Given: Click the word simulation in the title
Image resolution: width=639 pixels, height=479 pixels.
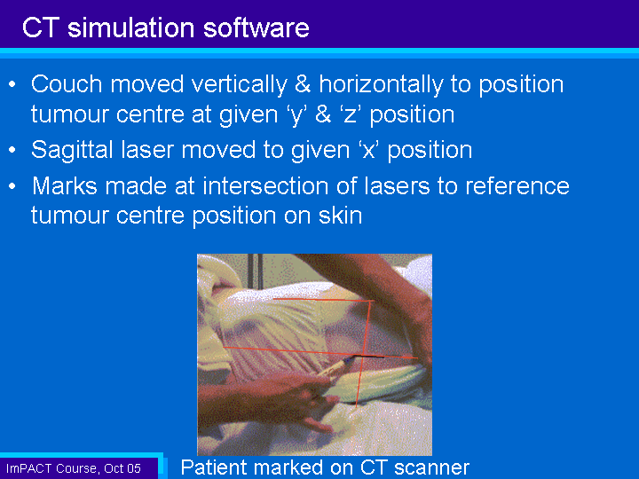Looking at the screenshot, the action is coord(131,27).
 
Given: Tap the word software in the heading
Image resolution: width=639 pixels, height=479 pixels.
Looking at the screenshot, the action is coord(256,27).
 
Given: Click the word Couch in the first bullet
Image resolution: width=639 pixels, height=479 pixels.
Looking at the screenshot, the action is coord(67,84).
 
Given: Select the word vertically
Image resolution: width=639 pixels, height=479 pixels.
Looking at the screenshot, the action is coord(240,85).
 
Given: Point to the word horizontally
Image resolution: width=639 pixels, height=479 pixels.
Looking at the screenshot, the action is coord(381,85).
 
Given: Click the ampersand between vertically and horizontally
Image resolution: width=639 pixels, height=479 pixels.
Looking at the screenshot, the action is coord(303,84).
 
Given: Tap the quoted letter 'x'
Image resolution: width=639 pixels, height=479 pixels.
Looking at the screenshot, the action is coord(367,150).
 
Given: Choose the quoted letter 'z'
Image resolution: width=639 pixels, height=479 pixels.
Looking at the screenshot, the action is coord(350,114).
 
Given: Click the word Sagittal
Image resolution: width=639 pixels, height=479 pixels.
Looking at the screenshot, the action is coord(72,150).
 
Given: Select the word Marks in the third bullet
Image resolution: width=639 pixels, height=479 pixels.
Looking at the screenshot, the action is coord(65,186).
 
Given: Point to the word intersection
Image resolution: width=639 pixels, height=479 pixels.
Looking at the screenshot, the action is coord(265,186).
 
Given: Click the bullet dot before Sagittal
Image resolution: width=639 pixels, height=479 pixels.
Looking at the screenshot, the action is coord(12,150).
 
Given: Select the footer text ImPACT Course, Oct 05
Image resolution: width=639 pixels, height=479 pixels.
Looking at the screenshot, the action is coord(74,468).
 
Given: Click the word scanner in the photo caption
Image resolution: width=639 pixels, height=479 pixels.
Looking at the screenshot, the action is coord(432,467).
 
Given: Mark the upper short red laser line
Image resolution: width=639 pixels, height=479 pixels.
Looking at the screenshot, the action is coord(323,300).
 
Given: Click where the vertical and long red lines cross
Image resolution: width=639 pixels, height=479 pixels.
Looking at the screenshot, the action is coord(363,355).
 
